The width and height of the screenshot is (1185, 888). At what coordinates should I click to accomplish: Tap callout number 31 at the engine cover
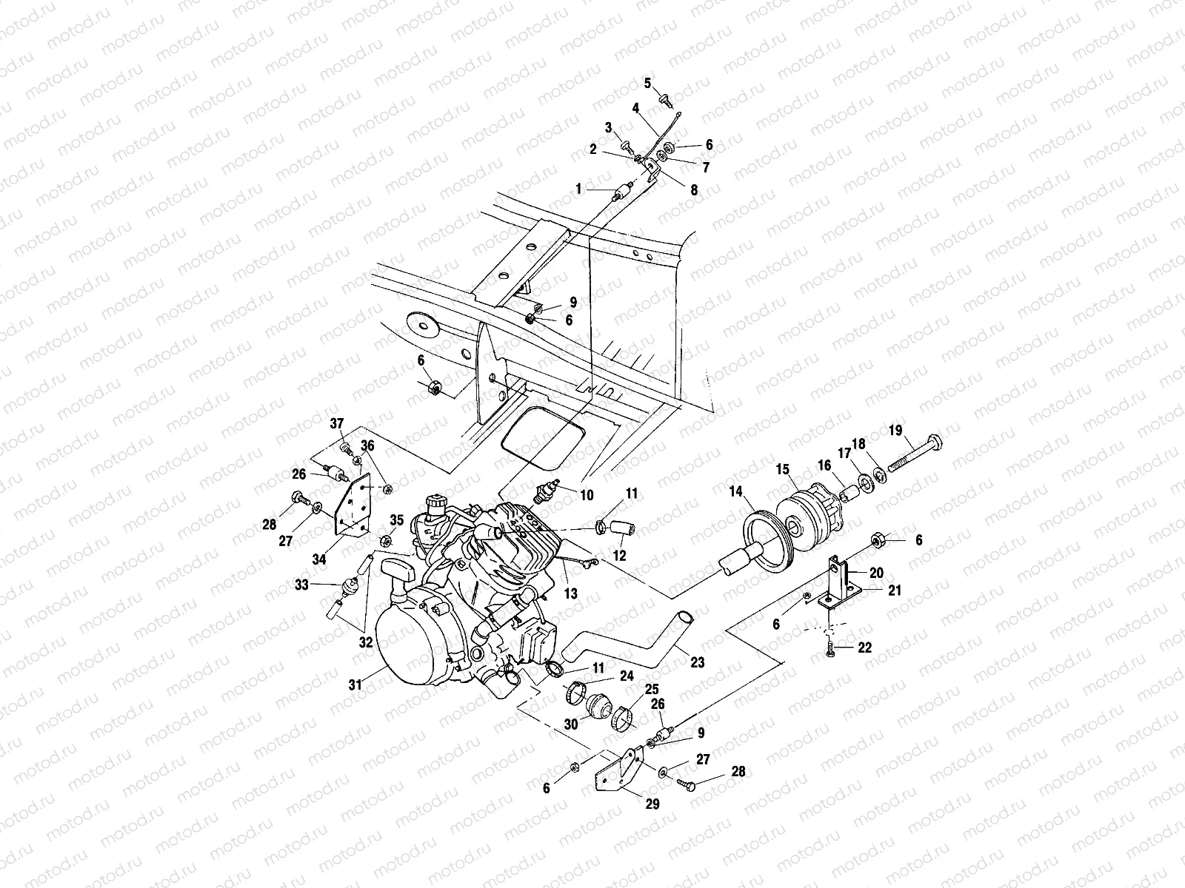pos(356,686)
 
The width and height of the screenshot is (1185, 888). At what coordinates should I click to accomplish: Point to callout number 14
pos(735,491)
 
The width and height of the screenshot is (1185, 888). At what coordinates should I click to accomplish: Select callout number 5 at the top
pos(647,83)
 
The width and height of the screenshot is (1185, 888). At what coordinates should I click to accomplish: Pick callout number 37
pos(337,423)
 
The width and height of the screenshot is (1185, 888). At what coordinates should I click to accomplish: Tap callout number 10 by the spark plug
pos(587,496)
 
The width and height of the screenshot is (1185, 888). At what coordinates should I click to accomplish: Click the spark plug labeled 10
pos(549,490)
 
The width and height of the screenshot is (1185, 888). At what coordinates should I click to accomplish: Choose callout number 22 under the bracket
pos(865,647)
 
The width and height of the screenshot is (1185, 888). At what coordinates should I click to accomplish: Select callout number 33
pos(301,585)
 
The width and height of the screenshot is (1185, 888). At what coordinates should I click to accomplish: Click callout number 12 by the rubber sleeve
pos(619,556)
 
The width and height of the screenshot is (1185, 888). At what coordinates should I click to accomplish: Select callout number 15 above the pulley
pos(784,469)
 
